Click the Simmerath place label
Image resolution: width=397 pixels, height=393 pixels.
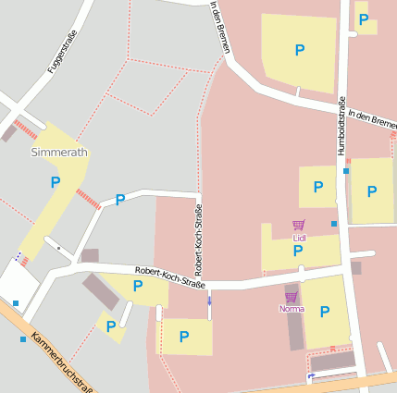pyautogui.click(x=59, y=152)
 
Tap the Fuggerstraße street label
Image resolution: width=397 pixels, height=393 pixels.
pyautogui.click(x=62, y=52)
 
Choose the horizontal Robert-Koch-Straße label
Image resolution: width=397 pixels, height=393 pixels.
pyautogui.click(x=169, y=275)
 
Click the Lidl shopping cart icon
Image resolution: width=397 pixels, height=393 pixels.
pyautogui.click(x=298, y=225)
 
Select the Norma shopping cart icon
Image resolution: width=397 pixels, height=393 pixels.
pyautogui.click(x=291, y=297)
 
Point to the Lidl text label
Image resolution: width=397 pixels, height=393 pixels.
pyautogui.click(x=299, y=238)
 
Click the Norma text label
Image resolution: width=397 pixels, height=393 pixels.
pyautogui.click(x=291, y=309)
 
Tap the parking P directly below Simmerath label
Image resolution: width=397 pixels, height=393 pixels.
pyautogui.click(x=56, y=183)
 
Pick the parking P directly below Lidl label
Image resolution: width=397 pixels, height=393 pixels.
pyautogui.click(x=298, y=251)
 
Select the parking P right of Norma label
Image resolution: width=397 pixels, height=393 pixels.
pyautogui.click(x=324, y=312)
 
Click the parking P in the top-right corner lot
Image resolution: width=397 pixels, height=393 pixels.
pyautogui.click(x=364, y=19)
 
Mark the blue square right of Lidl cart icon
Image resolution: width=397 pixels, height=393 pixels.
pyautogui.click(x=334, y=224)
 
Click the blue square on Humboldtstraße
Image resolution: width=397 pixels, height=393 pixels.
pyautogui.click(x=346, y=171)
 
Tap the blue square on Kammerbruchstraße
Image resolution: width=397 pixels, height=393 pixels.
pyautogui.click(x=23, y=339)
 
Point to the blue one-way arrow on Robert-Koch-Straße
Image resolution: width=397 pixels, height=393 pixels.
pyautogui.click(x=209, y=301)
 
